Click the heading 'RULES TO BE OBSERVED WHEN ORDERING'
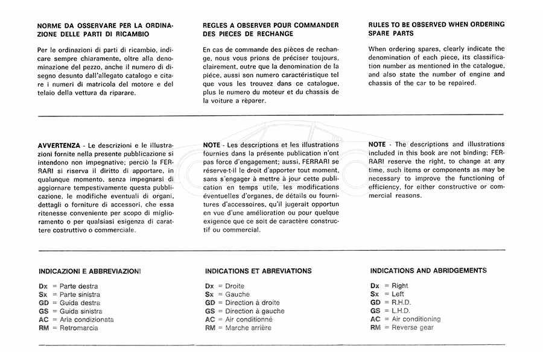(436, 24)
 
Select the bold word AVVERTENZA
(59, 145)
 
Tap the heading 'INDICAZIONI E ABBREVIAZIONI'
(89, 271)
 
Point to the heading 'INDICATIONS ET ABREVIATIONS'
(258, 271)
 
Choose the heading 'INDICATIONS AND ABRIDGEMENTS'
(428, 271)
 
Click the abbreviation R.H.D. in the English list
(402, 302)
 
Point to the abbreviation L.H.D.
(402, 311)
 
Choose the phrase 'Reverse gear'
(412, 327)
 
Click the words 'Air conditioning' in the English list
(416, 319)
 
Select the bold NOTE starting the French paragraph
(212, 145)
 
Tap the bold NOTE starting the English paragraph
(377, 144)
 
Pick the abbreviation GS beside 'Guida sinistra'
(43, 311)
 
